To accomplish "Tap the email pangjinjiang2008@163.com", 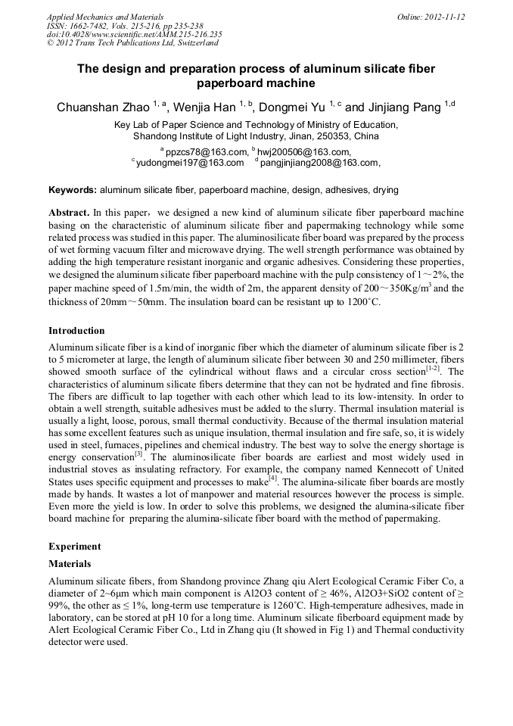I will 319,162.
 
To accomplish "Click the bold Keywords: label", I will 73,190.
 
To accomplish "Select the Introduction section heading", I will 76,331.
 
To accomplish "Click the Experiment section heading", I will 74,545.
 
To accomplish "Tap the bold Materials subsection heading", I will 70,564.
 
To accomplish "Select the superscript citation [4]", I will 273,477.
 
